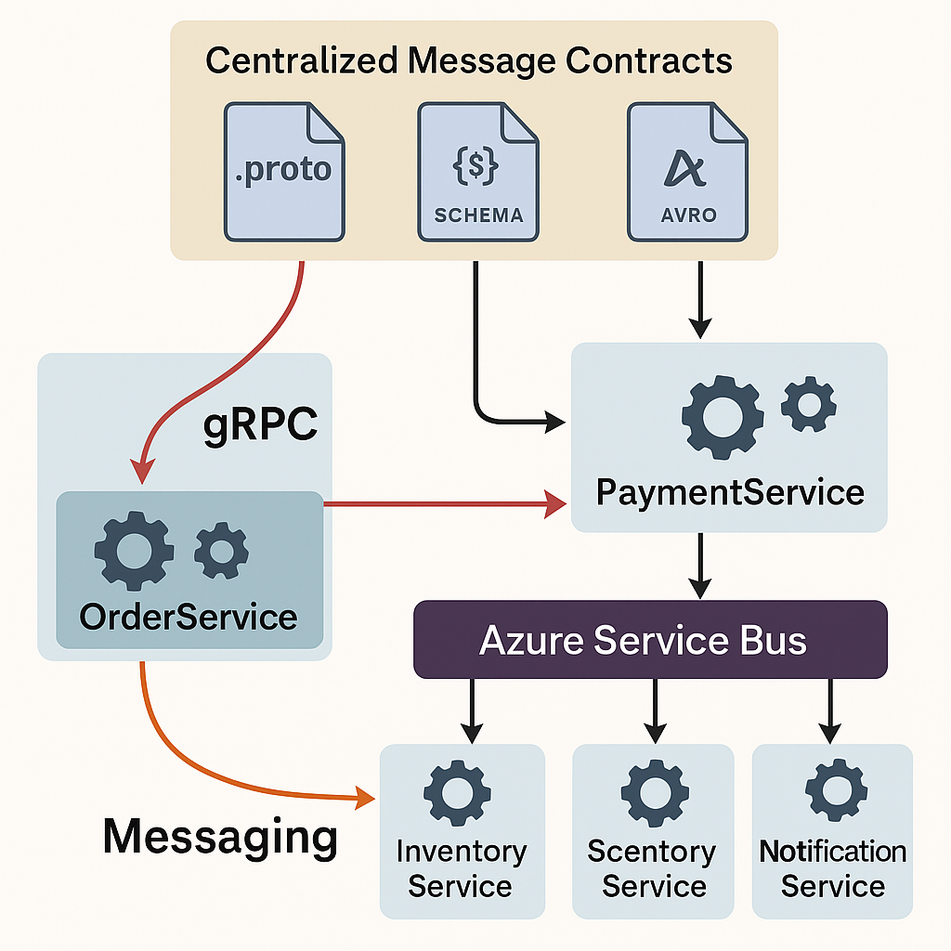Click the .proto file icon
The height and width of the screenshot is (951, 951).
[284, 172]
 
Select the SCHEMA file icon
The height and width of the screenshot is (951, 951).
[477, 172]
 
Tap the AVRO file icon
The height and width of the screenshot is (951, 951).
[687, 172]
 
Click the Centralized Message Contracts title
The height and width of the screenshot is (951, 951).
[469, 61]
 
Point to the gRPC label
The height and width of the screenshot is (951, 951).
[260, 425]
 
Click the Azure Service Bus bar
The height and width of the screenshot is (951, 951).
[650, 639]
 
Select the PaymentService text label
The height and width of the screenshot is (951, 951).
[730, 491]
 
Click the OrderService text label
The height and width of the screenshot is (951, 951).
[189, 617]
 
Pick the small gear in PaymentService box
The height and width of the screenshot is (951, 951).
[808, 403]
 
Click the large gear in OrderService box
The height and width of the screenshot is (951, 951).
[135, 551]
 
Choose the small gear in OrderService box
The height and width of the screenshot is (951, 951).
[221, 551]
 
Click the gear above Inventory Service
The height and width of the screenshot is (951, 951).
[457, 791]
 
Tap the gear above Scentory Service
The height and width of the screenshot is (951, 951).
[654, 791]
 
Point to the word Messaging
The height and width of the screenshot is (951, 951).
[220, 837]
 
